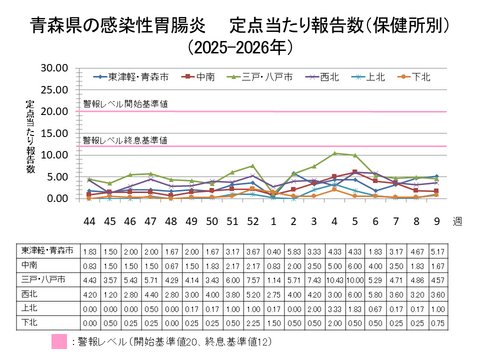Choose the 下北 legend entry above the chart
click(418, 75)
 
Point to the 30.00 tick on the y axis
click(53, 67)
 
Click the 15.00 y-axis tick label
click(53, 133)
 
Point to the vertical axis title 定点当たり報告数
click(31, 135)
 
